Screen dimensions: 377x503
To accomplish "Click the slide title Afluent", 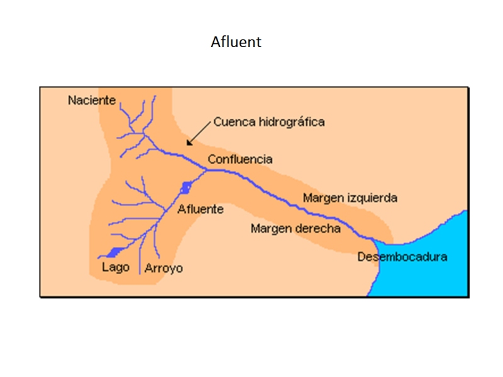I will [x=236, y=43].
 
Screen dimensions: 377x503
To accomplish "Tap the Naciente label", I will [x=92, y=100].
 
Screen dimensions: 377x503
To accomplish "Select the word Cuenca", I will [x=233, y=122].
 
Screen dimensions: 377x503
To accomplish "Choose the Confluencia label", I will [x=240, y=160].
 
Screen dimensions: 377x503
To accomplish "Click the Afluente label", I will [x=200, y=209].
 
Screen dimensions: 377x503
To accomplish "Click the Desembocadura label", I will [x=402, y=257].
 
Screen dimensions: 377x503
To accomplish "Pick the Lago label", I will [x=115, y=267].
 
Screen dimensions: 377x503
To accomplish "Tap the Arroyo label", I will [x=163, y=268].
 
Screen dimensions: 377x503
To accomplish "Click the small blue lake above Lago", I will [x=113, y=252].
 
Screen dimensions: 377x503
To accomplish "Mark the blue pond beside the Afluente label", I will [x=185, y=187].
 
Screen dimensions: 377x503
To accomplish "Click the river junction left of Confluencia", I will [x=207, y=169].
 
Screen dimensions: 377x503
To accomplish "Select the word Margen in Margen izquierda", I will [x=323, y=198].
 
